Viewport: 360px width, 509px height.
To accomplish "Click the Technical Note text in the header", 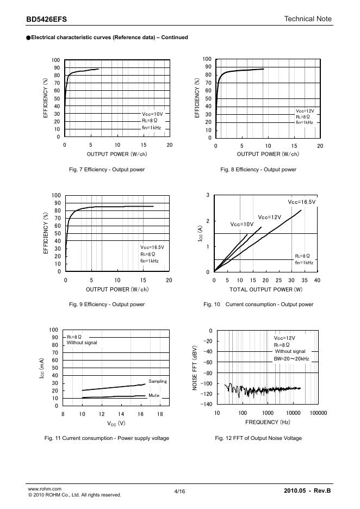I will pos(308,19).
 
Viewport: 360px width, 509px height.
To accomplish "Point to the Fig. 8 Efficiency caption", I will pos(258,170).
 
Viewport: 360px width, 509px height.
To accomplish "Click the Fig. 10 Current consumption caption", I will pos(258,305).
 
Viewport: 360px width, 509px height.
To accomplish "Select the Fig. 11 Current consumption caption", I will pos(107,438).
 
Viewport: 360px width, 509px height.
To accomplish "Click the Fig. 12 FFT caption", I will pos(258,438).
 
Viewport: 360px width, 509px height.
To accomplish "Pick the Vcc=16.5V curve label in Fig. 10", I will pos(302,202).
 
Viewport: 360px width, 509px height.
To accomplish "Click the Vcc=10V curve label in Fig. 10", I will pos(242,224).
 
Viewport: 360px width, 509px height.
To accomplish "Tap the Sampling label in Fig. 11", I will pos(158,381).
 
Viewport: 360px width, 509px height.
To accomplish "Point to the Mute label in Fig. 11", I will pos(154,395).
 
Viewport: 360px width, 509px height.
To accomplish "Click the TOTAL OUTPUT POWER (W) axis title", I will pos(266,289).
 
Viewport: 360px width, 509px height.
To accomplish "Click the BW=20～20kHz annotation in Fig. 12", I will pos(292,359).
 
